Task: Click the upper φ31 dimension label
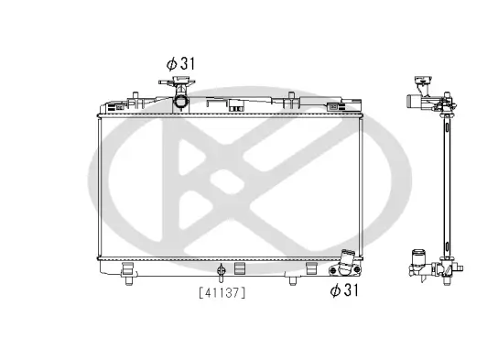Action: click(181, 63)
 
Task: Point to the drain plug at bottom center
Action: click(221, 270)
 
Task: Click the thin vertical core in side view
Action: click(446, 183)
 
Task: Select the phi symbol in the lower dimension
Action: click(335, 290)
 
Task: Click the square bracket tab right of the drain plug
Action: click(240, 269)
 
